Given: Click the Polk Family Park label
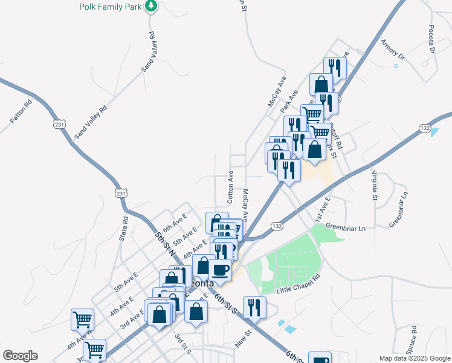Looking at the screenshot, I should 110,7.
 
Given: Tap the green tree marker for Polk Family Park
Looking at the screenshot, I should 151,6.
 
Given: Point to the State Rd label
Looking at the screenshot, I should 124,229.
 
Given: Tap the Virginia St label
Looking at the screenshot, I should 373,185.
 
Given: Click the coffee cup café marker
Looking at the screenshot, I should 220,270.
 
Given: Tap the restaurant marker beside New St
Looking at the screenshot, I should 254,307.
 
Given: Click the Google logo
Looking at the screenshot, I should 20,356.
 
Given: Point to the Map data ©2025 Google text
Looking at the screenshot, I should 414,358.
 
